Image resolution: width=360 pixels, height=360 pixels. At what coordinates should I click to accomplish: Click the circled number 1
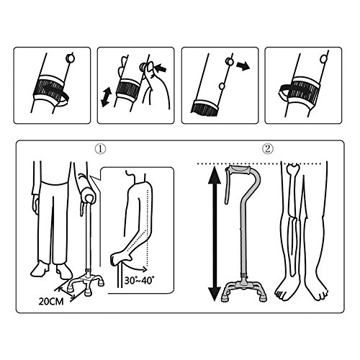tap(100, 149)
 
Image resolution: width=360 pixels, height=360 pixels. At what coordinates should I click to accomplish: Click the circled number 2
tap(268, 149)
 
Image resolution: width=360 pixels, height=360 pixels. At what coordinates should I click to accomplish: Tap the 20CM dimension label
tap(51, 302)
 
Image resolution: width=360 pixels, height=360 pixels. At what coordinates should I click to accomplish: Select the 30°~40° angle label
tap(139, 280)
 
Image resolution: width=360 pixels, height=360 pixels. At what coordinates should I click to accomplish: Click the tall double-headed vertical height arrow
tap(215, 233)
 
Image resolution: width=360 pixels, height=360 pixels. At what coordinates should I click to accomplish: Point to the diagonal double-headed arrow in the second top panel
tap(107, 97)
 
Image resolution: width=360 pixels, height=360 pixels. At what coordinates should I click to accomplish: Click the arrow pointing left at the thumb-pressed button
tap(161, 68)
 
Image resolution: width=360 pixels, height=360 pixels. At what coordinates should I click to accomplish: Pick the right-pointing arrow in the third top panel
tap(243, 66)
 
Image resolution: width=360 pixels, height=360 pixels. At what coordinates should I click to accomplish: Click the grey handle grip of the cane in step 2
tap(240, 171)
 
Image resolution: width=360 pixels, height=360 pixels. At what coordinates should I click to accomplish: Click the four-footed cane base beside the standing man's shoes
tap(86, 283)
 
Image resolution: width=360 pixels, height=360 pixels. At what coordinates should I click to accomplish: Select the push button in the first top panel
tap(70, 58)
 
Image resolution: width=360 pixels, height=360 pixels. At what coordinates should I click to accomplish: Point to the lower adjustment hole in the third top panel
tap(222, 86)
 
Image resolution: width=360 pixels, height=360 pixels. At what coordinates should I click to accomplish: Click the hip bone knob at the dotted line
tap(293, 166)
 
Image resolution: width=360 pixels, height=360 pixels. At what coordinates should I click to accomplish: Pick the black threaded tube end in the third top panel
tap(204, 107)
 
